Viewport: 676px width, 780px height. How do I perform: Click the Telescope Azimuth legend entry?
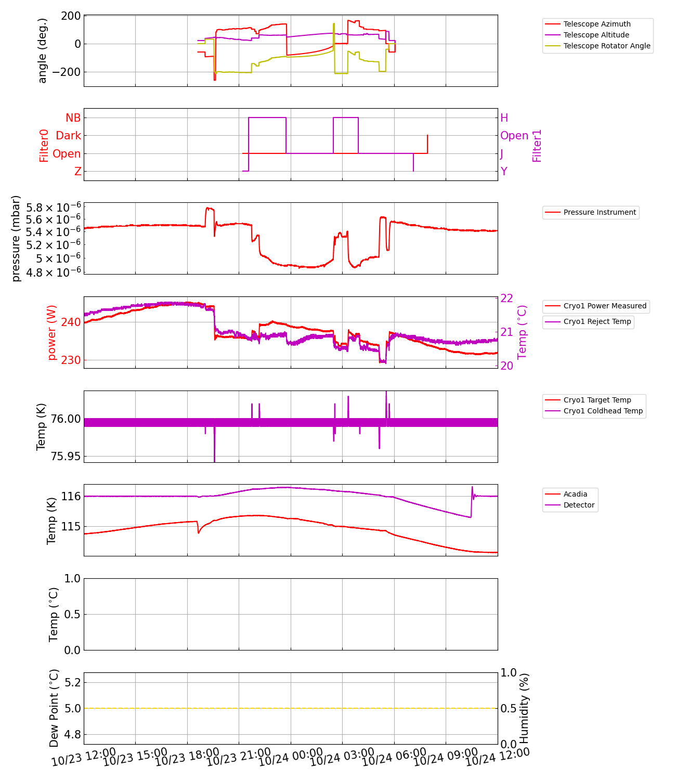(x=596, y=24)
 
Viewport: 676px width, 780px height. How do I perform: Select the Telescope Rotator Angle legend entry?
(x=606, y=46)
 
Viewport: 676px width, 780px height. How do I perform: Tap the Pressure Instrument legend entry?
(x=599, y=212)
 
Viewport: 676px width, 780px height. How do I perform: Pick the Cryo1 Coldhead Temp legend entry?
(x=603, y=411)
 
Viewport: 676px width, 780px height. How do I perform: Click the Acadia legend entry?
(x=575, y=494)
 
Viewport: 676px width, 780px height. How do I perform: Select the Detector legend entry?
(x=579, y=505)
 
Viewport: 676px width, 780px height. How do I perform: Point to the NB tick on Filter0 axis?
(x=73, y=118)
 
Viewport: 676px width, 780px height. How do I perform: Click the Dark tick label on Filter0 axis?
(x=69, y=136)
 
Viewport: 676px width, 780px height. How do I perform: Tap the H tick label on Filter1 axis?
(x=504, y=118)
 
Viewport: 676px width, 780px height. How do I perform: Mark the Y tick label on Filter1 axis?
(x=503, y=172)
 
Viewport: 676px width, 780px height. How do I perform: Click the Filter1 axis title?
(x=537, y=146)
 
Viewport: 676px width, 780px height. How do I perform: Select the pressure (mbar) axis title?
(x=16, y=238)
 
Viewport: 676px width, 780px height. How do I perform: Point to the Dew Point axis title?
(x=54, y=708)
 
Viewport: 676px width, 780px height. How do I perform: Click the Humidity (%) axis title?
(x=524, y=708)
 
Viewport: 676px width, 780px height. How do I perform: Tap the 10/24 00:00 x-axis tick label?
(x=291, y=757)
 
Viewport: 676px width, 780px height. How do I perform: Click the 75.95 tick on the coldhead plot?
(x=66, y=457)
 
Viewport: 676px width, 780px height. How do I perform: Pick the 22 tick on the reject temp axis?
(x=506, y=298)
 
